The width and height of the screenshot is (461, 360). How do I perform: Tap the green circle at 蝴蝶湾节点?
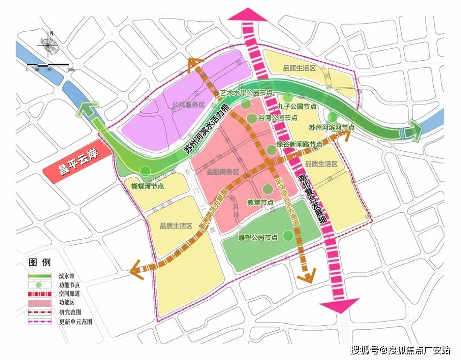[x=146, y=172]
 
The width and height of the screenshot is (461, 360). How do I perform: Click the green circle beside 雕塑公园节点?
[x=288, y=235]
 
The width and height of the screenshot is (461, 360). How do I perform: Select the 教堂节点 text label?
[x=261, y=202]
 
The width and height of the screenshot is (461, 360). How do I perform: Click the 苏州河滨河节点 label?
[x=332, y=127]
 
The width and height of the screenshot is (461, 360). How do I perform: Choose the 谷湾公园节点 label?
[x=278, y=118]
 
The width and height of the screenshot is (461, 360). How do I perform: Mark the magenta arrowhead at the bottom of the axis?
[x=340, y=306]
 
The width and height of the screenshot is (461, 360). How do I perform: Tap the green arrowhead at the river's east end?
[x=413, y=130]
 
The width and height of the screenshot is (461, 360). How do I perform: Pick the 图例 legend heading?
[x=39, y=262]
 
